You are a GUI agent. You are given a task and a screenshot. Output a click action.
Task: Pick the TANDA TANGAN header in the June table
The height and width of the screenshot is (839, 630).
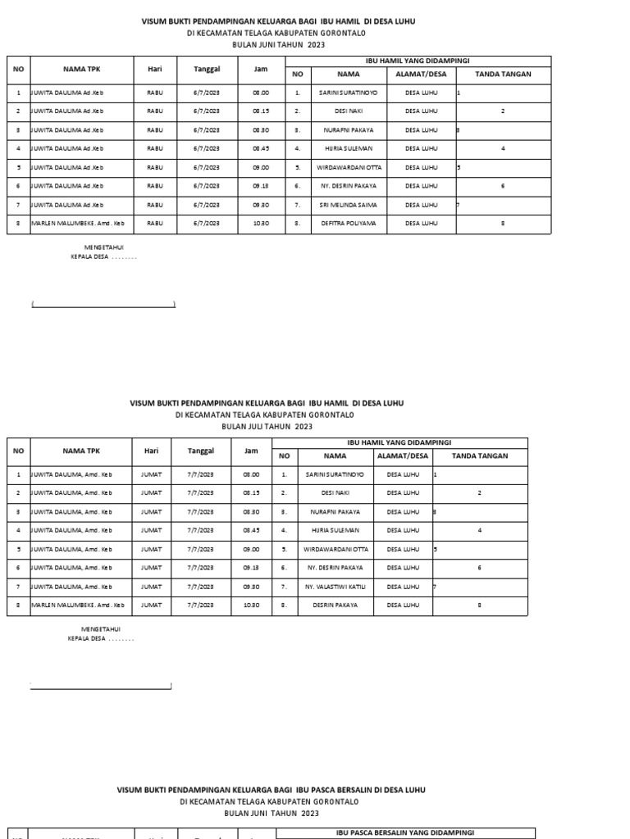point(503,74)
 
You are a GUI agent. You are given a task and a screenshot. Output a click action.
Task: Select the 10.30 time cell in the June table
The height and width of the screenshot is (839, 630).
point(261,223)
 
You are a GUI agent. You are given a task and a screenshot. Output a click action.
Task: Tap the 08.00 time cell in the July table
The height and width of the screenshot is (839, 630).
point(251,474)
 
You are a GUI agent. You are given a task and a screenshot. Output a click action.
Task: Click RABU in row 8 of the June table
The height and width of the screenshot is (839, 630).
point(155,223)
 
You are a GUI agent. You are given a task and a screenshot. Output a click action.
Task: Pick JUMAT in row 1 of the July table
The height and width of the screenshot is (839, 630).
point(151,474)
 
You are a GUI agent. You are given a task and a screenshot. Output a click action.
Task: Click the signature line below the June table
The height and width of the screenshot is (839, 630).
point(103,306)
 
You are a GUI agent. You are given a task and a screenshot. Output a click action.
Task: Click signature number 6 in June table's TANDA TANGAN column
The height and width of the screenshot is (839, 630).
point(503,186)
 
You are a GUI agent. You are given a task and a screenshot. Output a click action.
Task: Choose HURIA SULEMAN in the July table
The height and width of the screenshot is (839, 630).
point(334,531)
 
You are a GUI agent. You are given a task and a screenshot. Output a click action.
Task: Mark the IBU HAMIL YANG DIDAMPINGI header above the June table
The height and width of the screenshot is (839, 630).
point(417,61)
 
